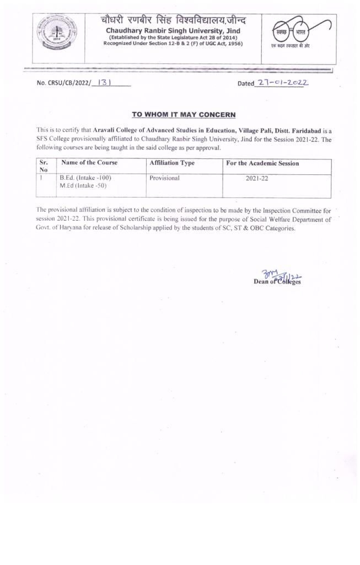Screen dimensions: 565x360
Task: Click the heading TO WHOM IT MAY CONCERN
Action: tap(184, 115)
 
